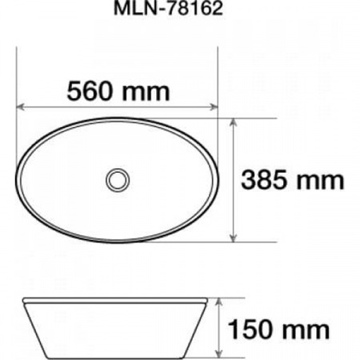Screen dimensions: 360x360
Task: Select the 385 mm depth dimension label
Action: [293, 181]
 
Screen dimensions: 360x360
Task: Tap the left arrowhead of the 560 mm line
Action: [22, 105]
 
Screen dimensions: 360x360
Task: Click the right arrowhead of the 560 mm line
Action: [214, 105]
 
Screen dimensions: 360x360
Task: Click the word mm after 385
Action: [323, 181]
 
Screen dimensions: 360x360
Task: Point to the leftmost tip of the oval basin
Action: [18, 180]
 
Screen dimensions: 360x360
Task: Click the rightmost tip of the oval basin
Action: [218, 180]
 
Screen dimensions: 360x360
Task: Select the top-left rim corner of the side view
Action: [21, 300]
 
